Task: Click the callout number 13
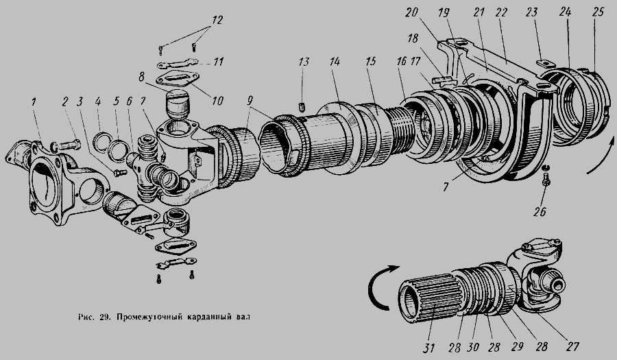pos(304,62)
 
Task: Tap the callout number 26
pos(540,212)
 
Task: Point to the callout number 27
pos(572,346)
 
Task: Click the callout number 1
pos(34,102)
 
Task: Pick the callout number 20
pos(411,12)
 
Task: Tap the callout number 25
pos(598,12)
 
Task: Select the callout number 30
pos(473,347)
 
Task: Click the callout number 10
pos(217,101)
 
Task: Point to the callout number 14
pos(335,62)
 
